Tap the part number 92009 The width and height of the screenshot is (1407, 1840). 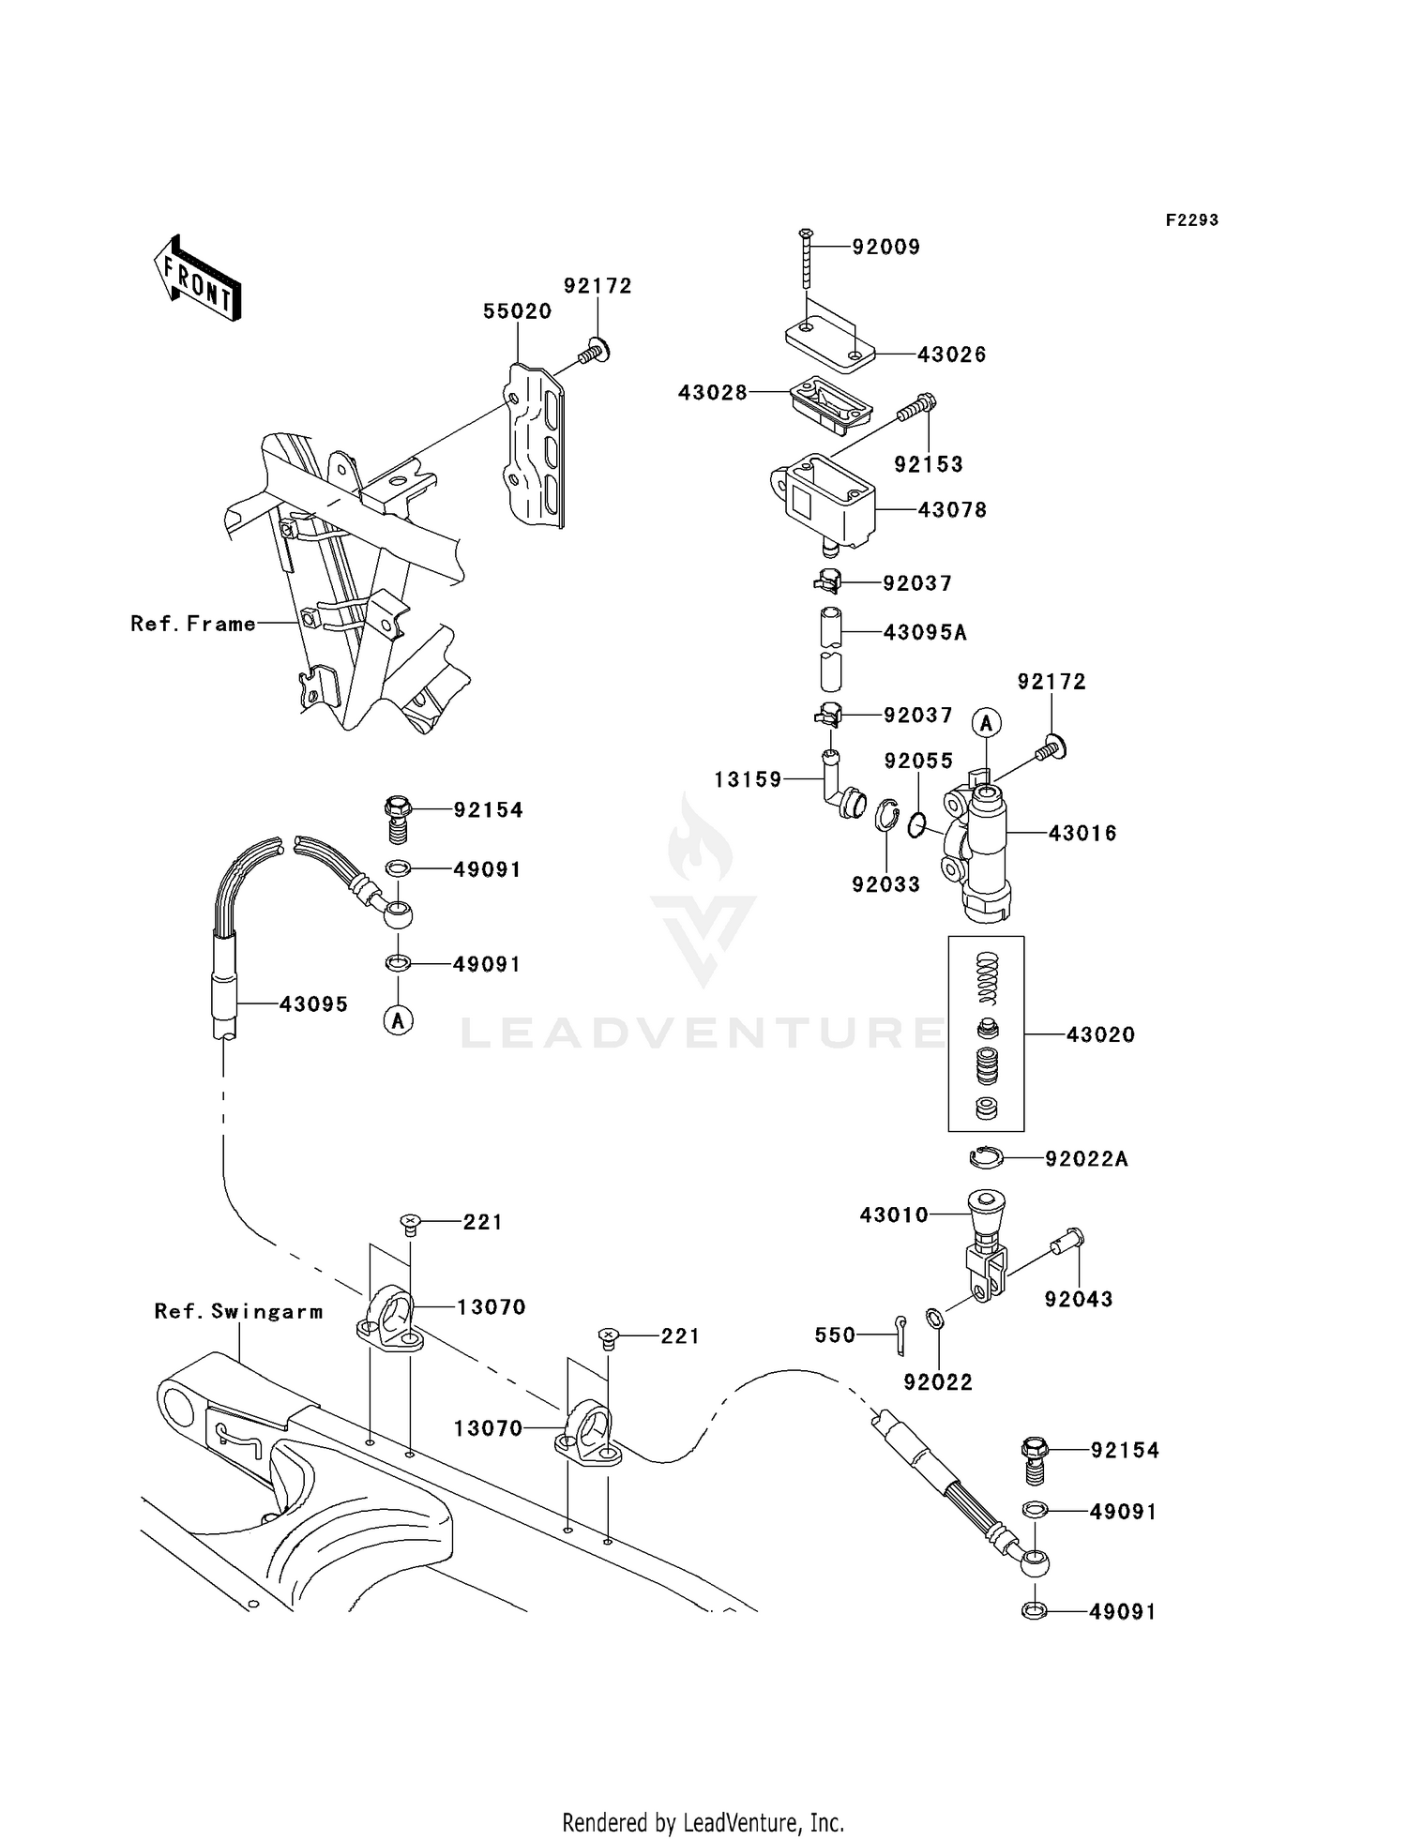tap(885, 247)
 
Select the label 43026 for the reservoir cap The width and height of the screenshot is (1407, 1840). tap(951, 354)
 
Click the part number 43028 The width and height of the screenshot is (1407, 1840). tap(713, 393)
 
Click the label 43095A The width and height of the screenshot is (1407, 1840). tap(924, 633)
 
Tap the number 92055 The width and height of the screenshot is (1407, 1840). tap(918, 761)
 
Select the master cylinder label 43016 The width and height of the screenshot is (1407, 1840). tap(1082, 833)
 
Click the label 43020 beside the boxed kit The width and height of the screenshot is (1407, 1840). tap(1100, 1035)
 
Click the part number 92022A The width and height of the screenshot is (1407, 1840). tap(1086, 1160)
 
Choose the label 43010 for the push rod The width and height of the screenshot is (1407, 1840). tap(894, 1215)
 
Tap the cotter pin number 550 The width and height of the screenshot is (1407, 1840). tap(835, 1335)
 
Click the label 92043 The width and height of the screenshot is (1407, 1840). tap(1079, 1300)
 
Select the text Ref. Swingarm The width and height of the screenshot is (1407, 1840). tap(238, 1312)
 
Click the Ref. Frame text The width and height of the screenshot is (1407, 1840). tap(192, 624)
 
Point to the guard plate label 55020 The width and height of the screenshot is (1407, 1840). tap(517, 311)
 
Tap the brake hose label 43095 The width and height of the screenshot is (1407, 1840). tap(313, 1004)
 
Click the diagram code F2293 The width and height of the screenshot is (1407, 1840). tap(1191, 220)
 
